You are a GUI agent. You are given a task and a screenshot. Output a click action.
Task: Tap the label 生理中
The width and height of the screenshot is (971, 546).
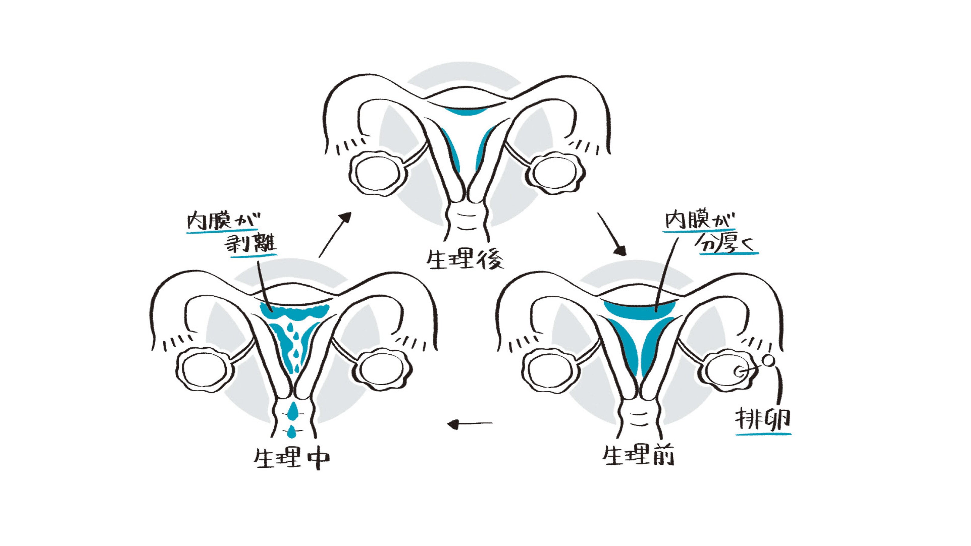(291, 458)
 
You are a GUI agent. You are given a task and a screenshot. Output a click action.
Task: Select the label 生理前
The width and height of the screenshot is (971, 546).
(638, 456)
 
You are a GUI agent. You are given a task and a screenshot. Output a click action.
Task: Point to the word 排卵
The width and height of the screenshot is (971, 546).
(763, 420)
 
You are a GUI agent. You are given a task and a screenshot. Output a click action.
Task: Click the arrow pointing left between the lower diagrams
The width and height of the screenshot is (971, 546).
(469, 424)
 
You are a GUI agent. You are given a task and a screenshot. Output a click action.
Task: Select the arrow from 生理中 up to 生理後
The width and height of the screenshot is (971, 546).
(335, 235)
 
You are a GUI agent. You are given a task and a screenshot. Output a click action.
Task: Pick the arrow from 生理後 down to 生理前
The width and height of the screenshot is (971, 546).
(611, 234)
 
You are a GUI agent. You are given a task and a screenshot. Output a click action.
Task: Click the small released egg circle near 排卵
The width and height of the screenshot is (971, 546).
(768, 361)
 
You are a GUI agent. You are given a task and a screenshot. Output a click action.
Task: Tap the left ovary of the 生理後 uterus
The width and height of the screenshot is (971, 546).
(377, 173)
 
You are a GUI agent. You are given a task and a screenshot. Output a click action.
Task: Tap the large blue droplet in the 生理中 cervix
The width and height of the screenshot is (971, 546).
(293, 411)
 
